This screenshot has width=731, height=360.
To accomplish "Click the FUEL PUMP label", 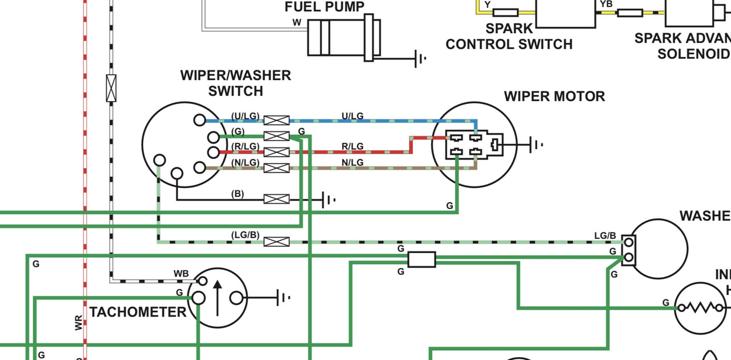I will [324, 7].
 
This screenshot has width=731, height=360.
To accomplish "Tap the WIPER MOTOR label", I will [554, 97].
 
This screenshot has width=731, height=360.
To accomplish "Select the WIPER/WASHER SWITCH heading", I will [235, 83].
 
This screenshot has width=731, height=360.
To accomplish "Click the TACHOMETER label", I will [138, 312].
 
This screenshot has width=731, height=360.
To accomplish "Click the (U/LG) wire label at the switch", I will [246, 117].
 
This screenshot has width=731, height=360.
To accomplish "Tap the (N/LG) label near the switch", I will [246, 163].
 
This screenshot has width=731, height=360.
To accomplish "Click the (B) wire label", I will [237, 194].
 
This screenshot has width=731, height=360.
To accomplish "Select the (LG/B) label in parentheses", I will [245, 235].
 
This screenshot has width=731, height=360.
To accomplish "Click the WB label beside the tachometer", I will [181, 274].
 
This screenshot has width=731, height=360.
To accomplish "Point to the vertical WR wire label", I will [79, 323].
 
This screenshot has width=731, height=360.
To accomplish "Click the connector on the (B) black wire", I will [276, 199].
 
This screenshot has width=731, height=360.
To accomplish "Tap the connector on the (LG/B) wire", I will [276, 242].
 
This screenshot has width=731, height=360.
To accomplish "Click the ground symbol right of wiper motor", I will [537, 145].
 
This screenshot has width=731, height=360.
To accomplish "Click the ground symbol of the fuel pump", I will [421, 58].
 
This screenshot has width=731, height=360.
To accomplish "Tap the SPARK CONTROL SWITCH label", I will [509, 36].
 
